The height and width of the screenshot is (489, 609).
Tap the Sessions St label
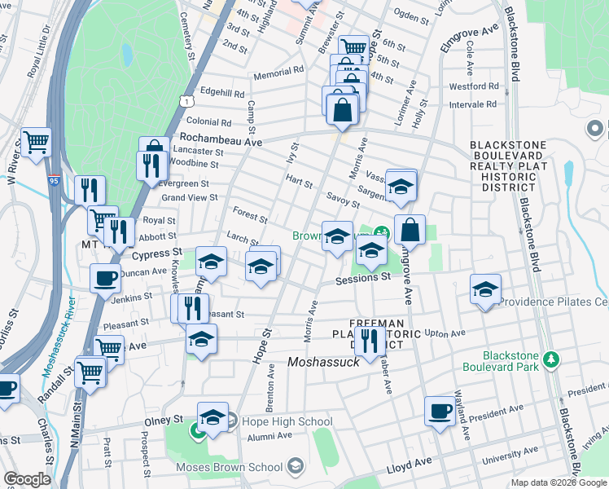click(364, 279)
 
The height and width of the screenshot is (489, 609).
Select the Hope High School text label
click(281, 421)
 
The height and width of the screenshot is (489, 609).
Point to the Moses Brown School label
click(233, 466)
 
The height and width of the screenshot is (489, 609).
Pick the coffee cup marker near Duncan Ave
click(105, 278)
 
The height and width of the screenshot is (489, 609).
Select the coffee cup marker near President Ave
click(440, 410)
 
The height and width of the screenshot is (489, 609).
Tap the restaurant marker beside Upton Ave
click(370, 340)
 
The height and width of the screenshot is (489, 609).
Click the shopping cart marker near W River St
click(37, 142)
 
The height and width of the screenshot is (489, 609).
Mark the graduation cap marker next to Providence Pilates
click(485, 289)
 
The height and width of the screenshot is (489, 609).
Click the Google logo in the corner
click(27, 479)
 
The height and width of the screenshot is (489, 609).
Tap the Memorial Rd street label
click(278, 72)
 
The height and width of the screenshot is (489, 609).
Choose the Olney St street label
click(165, 419)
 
